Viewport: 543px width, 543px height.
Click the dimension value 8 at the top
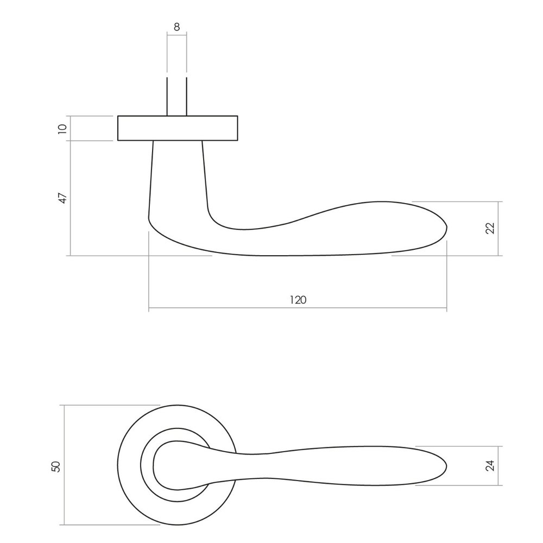click(x=177, y=26)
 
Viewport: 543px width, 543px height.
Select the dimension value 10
click(x=62, y=129)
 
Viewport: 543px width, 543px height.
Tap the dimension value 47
click(x=62, y=198)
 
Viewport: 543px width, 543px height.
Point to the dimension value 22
click(x=490, y=229)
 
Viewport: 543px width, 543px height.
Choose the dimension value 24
click(x=490, y=465)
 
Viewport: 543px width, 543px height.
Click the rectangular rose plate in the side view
click(x=178, y=128)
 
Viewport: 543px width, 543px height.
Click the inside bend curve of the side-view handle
click(x=217, y=220)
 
